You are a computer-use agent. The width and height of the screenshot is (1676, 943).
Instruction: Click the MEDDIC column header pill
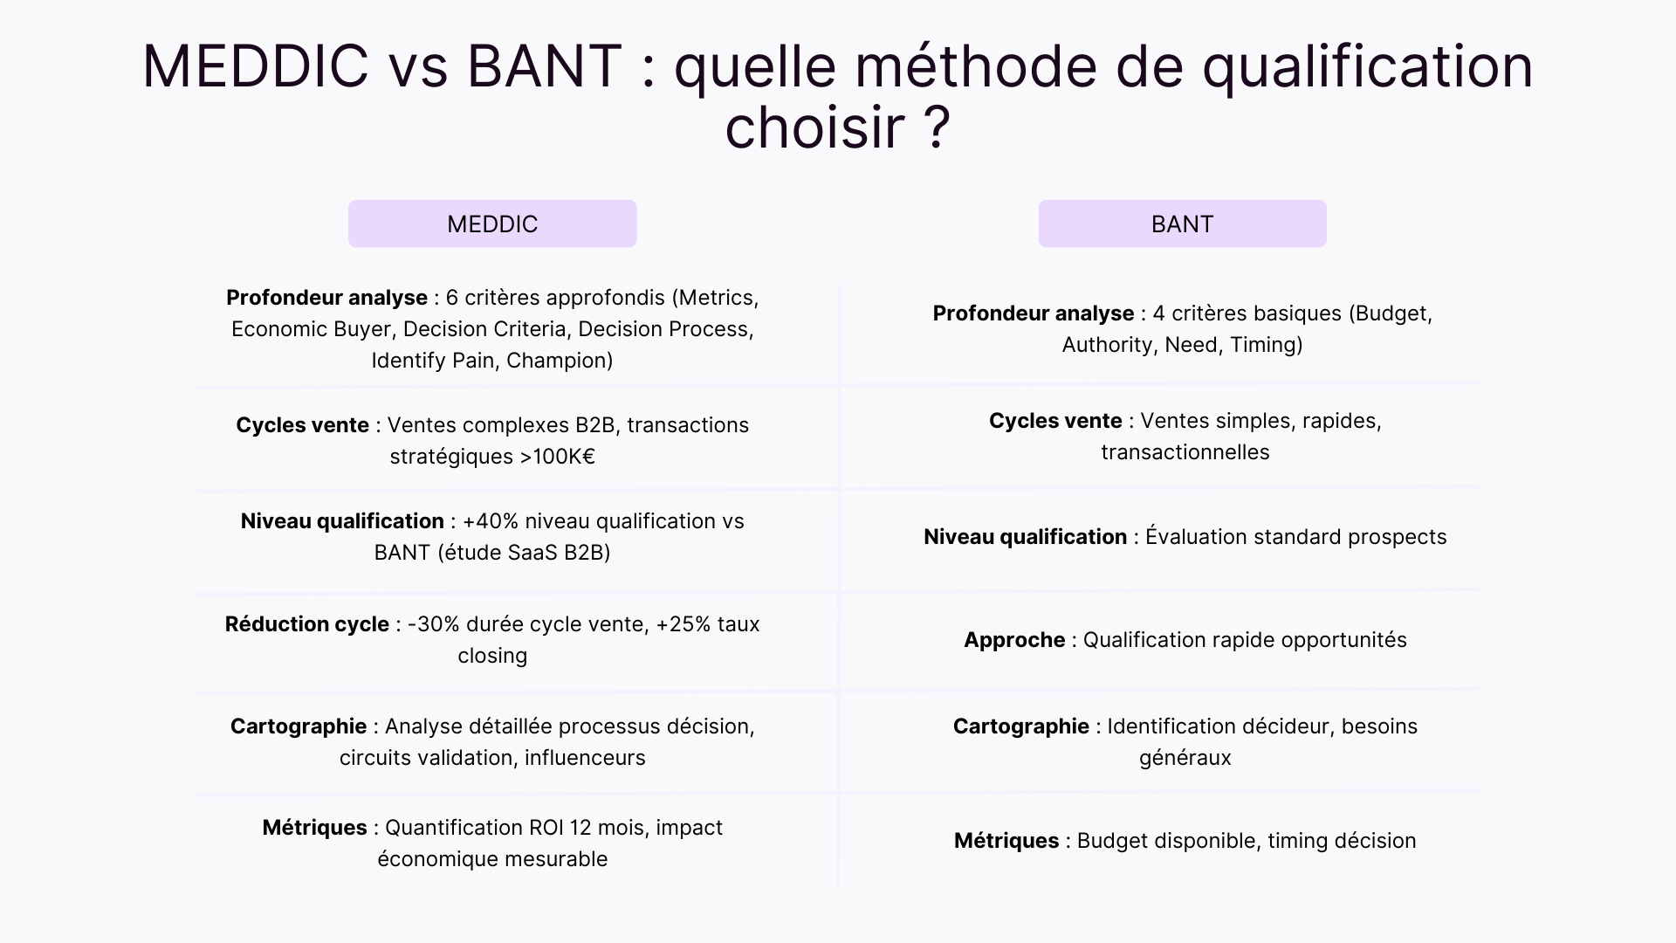pyautogui.click(x=492, y=224)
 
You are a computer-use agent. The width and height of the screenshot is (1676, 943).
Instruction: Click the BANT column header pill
pyautogui.click(x=1182, y=224)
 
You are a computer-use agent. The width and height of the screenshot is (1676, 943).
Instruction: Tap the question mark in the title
pyautogui.click(x=936, y=127)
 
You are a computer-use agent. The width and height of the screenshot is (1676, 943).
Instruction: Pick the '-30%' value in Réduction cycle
pyautogui.click(x=434, y=624)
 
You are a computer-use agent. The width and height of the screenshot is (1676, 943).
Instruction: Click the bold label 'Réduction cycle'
pyautogui.click(x=306, y=624)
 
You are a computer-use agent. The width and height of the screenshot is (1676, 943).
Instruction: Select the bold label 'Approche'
pyautogui.click(x=1014, y=640)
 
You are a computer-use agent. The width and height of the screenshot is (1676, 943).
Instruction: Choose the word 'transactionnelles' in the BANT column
pyautogui.click(x=1185, y=452)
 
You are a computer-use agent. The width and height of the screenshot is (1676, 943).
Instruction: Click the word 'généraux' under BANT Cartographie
pyautogui.click(x=1185, y=758)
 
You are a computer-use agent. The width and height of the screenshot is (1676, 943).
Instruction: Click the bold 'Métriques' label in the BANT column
pyautogui.click(x=1006, y=841)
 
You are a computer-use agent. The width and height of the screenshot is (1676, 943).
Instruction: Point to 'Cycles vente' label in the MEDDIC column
pyautogui.click(x=302, y=425)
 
